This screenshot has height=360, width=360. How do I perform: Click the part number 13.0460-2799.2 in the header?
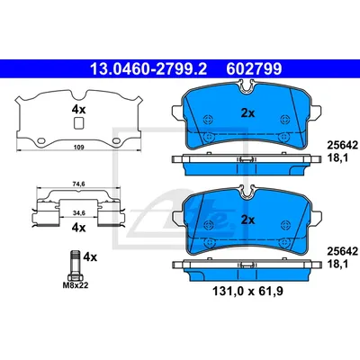pyautogui.click(x=148, y=69)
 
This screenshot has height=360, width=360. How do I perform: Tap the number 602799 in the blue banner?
pyautogui.click(x=254, y=69)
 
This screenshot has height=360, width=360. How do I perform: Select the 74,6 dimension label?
pyautogui.click(x=79, y=184)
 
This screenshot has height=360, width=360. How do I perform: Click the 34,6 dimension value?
pyautogui.click(x=79, y=212)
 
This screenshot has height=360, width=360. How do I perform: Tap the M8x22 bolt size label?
pyautogui.click(x=76, y=285)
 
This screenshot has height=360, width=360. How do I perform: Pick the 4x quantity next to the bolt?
pyautogui.click(x=90, y=257)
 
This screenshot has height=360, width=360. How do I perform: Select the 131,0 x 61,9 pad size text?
pyautogui.click(x=247, y=291)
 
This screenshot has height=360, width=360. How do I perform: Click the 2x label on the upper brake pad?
pyautogui.click(x=247, y=113)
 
